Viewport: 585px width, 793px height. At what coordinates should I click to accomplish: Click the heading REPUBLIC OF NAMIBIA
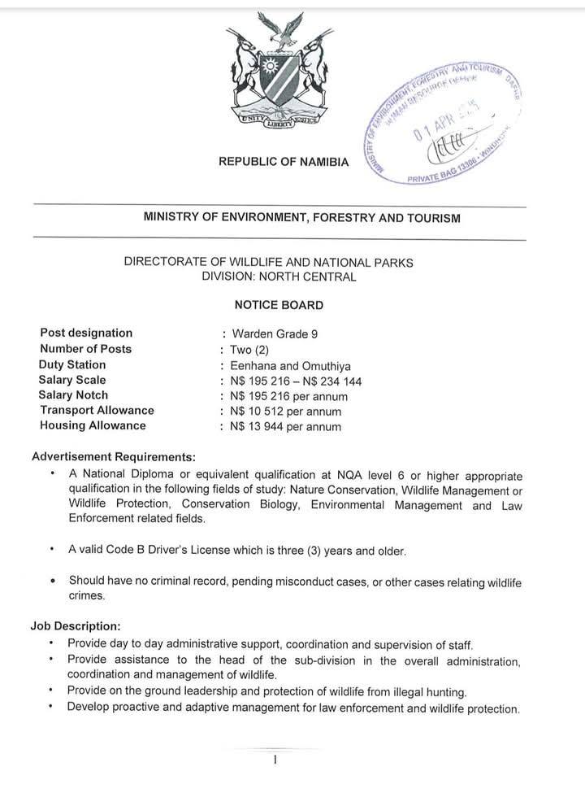(x=284, y=162)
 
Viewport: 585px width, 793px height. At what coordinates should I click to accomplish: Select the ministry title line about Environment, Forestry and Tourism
(x=301, y=217)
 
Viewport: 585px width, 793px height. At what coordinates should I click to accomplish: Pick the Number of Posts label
(x=85, y=349)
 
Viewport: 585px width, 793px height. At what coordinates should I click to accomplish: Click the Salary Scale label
(x=72, y=380)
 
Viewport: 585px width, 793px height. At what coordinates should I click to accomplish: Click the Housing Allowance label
(x=93, y=425)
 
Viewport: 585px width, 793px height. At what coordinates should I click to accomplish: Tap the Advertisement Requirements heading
(x=113, y=456)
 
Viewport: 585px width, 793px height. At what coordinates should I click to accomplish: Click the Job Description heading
(x=76, y=626)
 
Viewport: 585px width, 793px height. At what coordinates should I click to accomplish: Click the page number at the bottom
(x=276, y=760)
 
